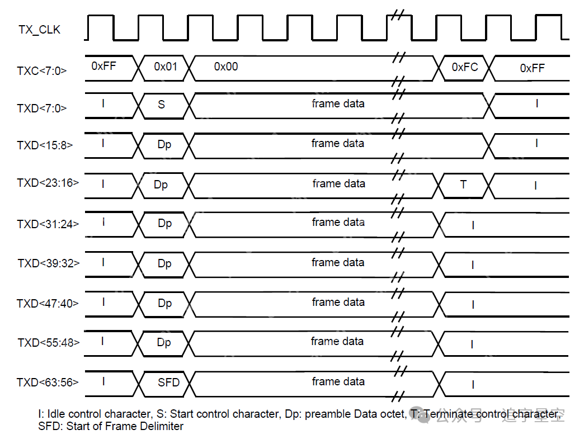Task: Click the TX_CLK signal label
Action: pyautogui.click(x=39, y=30)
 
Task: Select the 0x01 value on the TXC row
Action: pyautogui.click(x=166, y=67)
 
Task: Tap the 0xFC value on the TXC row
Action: pyautogui.click(x=465, y=67)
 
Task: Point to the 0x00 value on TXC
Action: pyautogui.click(x=226, y=67)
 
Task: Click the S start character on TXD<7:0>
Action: pyautogui.click(x=162, y=104)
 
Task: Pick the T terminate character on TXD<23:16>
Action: pyautogui.click(x=463, y=184)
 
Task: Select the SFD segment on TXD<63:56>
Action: pyautogui.click(x=168, y=383)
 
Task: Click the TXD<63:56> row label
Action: pyautogui.click(x=48, y=383)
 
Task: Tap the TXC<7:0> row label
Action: pyautogui.click(x=42, y=70)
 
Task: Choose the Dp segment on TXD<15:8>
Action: pyautogui.click(x=164, y=144)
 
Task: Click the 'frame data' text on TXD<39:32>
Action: pyautogui.click(x=338, y=262)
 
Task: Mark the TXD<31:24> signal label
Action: pyautogui.click(x=48, y=224)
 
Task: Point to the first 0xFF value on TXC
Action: pyautogui.click(x=103, y=66)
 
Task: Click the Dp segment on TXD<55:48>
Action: pyautogui.click(x=164, y=342)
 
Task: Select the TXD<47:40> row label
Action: pyautogui.click(x=48, y=303)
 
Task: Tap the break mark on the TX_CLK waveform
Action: pyautogui.click(x=398, y=15)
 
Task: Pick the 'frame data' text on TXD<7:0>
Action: pyautogui.click(x=338, y=103)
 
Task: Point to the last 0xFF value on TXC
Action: pyautogui.click(x=532, y=68)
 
